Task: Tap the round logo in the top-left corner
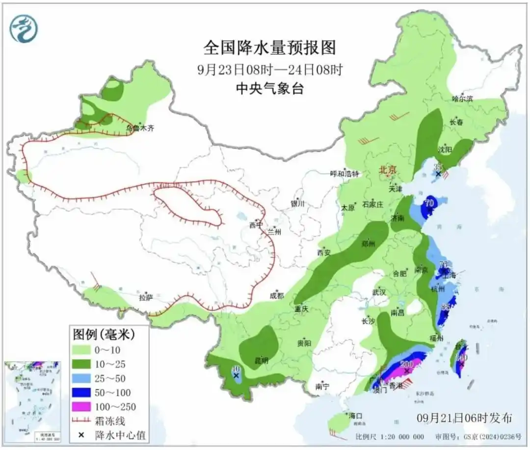24,29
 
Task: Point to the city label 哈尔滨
462,99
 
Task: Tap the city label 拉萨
146,297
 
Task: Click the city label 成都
276,295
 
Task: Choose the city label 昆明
261,361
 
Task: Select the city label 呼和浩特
344,174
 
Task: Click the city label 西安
324,253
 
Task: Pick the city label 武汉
379,292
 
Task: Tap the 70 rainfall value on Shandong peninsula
430,202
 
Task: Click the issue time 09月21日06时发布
464,418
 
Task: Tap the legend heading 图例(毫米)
104,335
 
